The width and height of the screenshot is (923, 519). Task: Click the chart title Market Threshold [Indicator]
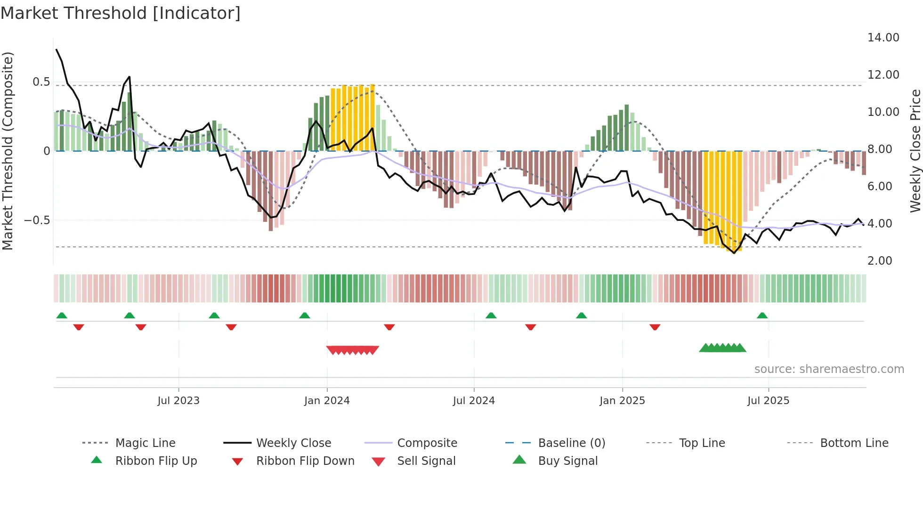pyautogui.click(x=121, y=13)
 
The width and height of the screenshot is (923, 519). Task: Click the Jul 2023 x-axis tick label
pyautogui.click(x=178, y=401)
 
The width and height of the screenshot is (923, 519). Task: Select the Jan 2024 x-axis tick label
pyautogui.click(x=327, y=401)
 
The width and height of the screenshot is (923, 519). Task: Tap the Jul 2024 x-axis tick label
pyautogui.click(x=474, y=401)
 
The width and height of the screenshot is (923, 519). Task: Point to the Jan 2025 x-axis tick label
pyautogui.click(x=622, y=401)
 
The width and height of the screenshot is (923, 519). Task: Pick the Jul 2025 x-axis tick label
pyautogui.click(x=768, y=401)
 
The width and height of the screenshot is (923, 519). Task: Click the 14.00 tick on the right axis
pyautogui.click(x=883, y=38)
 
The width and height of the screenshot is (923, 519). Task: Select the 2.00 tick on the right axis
pyautogui.click(x=880, y=261)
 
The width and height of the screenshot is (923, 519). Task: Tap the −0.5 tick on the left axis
pyautogui.click(x=37, y=220)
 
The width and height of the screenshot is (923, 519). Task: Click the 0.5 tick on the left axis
pyautogui.click(x=41, y=82)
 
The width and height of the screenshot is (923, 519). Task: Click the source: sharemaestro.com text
pyautogui.click(x=829, y=369)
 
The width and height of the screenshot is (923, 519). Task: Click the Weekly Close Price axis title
pyautogui.click(x=915, y=151)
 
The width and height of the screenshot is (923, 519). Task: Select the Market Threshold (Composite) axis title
pyautogui.click(x=8, y=151)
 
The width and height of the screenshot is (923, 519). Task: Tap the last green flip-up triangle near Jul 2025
pyautogui.click(x=762, y=316)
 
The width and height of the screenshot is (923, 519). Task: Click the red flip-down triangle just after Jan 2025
pyautogui.click(x=655, y=327)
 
